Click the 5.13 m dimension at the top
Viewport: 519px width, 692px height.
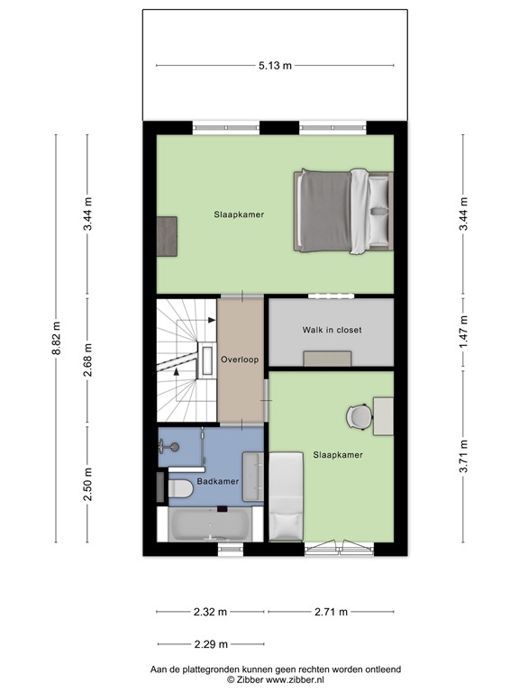click(275, 65)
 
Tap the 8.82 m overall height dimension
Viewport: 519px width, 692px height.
click(56, 338)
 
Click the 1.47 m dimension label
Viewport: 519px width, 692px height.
click(463, 331)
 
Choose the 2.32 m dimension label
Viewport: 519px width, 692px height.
click(211, 612)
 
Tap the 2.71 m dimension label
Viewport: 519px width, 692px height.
click(330, 612)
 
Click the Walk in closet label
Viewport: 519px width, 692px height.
click(332, 330)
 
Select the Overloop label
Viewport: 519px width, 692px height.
click(241, 360)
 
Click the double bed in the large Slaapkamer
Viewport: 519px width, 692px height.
click(342, 212)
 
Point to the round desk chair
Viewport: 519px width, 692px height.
click(359, 416)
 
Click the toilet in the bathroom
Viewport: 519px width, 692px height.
click(179, 488)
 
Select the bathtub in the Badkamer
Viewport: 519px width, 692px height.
click(210, 524)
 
